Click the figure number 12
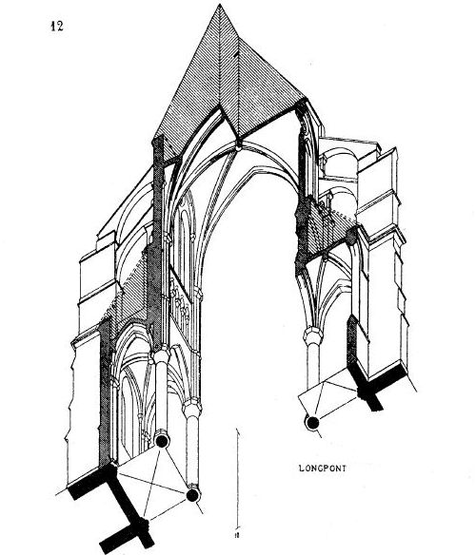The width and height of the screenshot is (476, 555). pos(57,27)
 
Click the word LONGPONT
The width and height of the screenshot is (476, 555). pos(323,469)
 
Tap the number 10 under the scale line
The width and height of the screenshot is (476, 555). pos(237,534)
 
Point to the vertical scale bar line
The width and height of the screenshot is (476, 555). pos(237,479)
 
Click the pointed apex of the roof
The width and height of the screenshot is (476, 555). pos(220,5)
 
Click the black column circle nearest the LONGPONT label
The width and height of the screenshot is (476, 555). pos(312,423)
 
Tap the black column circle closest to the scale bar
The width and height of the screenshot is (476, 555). pos(192,495)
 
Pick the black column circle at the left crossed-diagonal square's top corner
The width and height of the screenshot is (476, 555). pos(162,441)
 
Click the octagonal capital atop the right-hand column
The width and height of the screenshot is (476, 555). pos(312,335)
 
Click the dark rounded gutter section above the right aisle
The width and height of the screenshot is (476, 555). pos(352,236)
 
